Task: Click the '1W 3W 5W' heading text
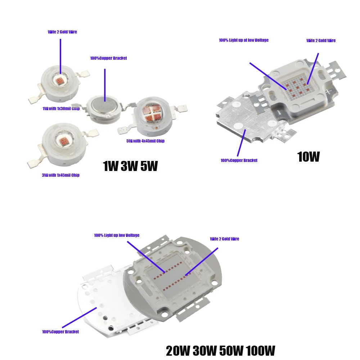[130, 166]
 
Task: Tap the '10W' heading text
[308, 157]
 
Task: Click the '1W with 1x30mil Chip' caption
[61, 109]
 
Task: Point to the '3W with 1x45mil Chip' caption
[60, 175]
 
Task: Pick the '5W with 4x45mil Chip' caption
[145, 141]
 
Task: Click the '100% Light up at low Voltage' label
[243, 40]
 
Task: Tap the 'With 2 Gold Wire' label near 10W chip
[321, 41]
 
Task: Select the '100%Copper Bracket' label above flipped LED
[108, 58]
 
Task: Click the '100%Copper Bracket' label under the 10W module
[239, 161]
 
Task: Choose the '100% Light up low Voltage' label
[117, 235]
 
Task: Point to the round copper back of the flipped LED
[104, 107]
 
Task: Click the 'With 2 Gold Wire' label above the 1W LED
[62, 32]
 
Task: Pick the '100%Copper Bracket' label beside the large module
[60, 332]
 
